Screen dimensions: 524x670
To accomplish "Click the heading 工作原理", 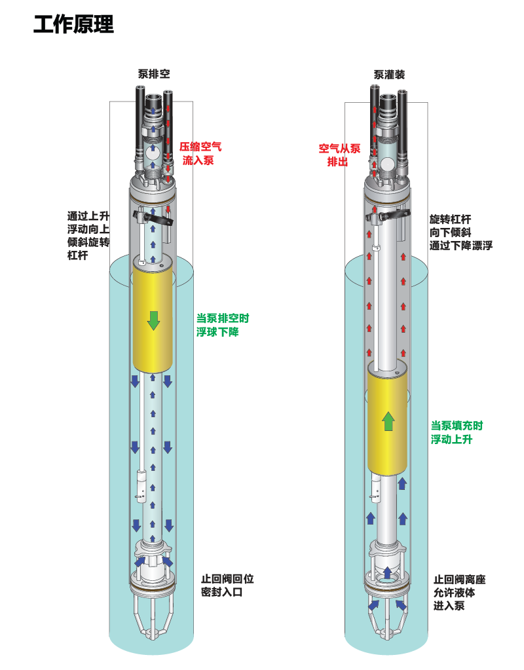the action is point(73,24).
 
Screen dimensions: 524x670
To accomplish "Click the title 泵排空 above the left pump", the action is point(154,74).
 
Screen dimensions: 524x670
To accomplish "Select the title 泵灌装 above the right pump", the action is point(389,75).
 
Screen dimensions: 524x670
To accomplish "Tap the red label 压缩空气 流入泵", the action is point(200,153).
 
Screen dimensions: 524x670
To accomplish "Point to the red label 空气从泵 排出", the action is point(339,155).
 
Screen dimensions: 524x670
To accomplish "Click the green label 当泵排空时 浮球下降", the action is point(222,325).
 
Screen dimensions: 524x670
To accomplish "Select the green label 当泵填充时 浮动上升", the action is point(457,432).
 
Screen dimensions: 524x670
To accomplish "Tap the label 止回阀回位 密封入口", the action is point(227,586).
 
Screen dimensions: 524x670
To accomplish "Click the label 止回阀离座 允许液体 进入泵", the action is point(459,593).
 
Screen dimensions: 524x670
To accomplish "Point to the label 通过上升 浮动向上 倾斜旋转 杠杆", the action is point(88,235).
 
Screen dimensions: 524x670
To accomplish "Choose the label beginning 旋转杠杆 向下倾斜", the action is point(460,232).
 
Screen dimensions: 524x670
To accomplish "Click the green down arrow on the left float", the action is point(153,320).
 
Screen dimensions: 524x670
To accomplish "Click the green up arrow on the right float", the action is point(388,421).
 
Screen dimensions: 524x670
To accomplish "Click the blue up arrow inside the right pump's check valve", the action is point(387,572).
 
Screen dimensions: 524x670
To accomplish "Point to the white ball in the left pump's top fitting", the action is point(153,153).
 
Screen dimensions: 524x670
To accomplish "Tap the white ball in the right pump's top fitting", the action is point(387,163).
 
